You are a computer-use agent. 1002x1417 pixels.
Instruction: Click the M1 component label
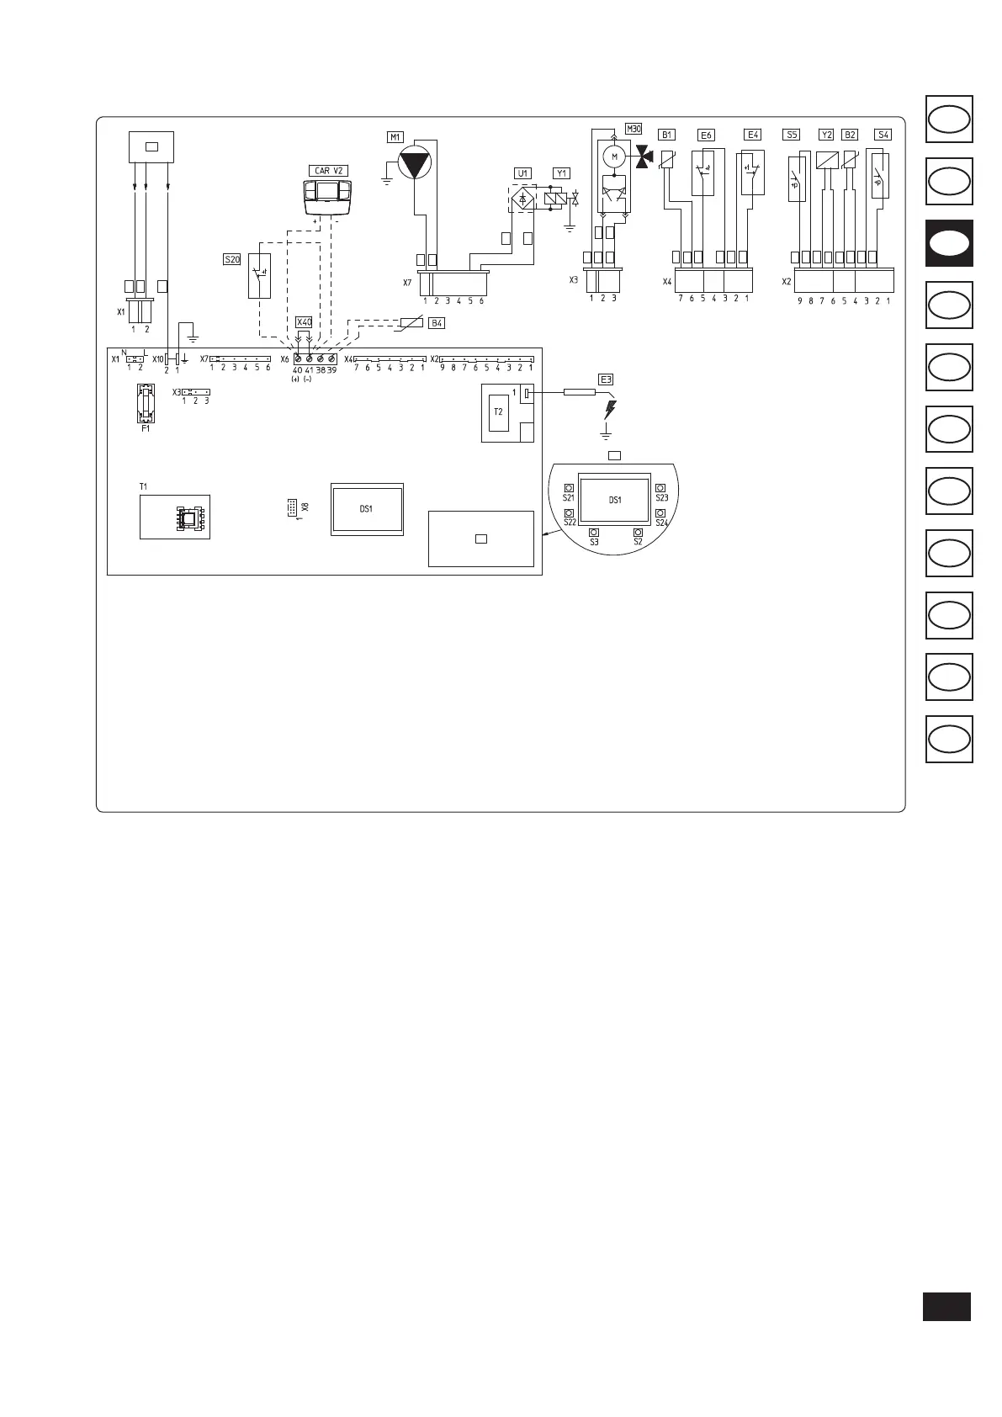pos(395,137)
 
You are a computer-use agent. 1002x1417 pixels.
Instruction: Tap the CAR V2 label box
pos(328,171)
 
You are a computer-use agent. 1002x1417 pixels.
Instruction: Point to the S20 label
pos(232,260)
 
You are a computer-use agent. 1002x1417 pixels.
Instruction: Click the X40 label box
pos(304,322)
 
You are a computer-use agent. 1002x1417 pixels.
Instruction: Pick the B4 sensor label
pos(437,323)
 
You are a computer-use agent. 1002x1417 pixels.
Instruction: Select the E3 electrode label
pos(606,379)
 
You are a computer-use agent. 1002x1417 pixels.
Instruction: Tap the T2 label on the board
pos(498,411)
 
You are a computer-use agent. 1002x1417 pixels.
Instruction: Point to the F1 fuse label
pos(146,429)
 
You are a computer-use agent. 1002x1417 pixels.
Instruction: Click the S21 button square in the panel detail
pos(570,488)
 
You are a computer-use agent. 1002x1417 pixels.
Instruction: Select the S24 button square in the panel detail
pos(661,513)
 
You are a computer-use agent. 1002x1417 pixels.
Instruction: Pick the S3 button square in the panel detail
pos(594,533)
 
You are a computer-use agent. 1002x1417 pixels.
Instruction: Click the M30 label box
pos(634,129)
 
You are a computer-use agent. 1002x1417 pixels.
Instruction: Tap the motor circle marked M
pos(614,157)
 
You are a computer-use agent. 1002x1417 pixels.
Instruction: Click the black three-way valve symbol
pos(644,157)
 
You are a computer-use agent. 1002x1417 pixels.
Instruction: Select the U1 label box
pos(523,173)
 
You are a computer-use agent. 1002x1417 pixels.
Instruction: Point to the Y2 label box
pos(826,135)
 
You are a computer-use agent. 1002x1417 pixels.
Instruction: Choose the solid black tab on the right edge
pos(949,243)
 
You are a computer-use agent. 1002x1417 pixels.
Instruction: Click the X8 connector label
pos(305,507)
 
